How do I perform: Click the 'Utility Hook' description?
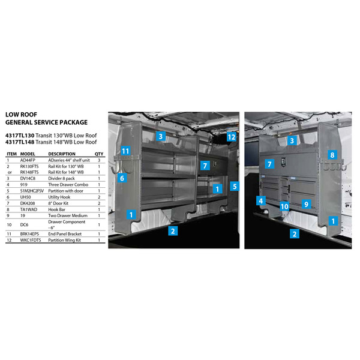coord(61,197)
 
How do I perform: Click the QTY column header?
coord(99,154)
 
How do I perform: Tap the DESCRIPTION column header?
coord(62,154)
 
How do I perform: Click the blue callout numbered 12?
coord(232,137)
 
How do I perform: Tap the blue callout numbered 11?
coord(125,151)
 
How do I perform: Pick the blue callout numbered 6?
coord(121,178)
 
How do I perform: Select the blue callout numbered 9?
coord(305,204)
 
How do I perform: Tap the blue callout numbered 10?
coord(284,206)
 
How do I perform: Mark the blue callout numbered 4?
coord(261,200)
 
